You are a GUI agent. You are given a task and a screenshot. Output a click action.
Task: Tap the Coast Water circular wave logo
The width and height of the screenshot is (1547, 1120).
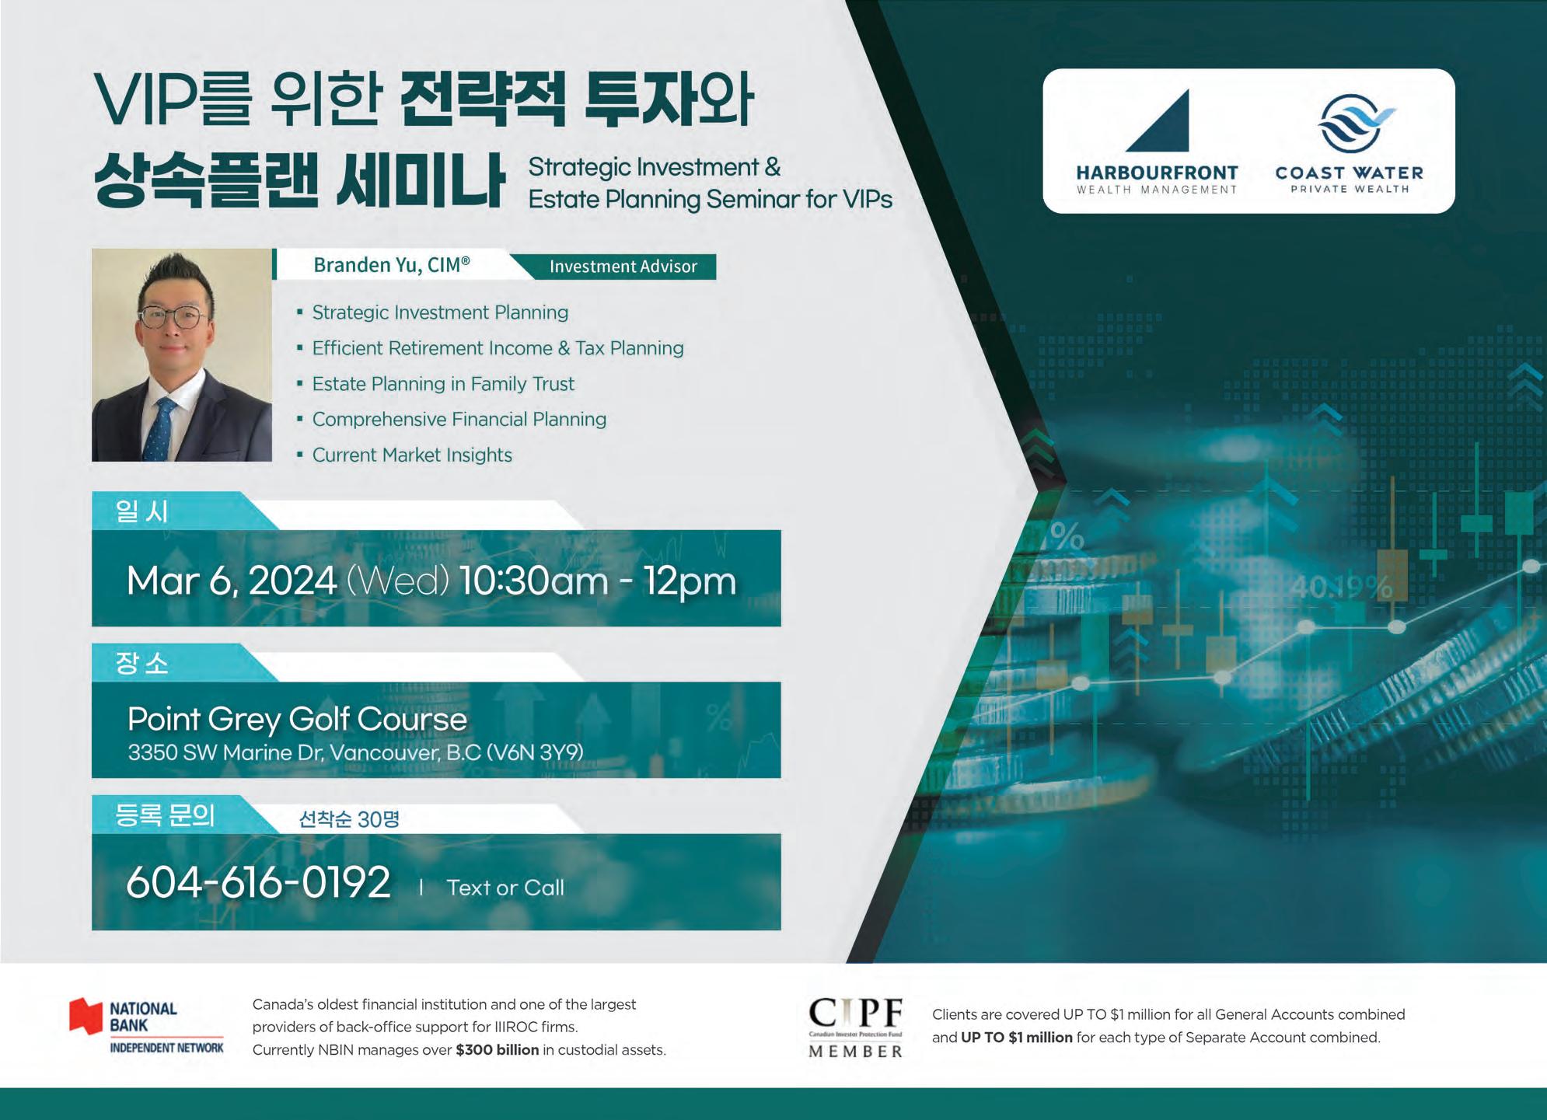[x=1354, y=123]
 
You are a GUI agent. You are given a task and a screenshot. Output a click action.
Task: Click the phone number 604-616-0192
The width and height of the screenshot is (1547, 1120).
[x=258, y=882]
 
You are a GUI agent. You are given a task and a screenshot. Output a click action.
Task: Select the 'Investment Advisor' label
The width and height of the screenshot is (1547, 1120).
[x=623, y=266]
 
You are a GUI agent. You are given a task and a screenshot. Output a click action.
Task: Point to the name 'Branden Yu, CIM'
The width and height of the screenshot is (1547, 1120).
[x=392, y=265]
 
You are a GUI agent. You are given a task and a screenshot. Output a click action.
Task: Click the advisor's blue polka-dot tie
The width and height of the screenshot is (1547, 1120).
[x=161, y=429]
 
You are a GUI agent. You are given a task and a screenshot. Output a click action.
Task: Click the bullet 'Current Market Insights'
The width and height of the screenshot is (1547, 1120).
[x=412, y=455]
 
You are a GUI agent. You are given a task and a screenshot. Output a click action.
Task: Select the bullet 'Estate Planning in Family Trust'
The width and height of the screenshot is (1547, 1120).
[x=443, y=384]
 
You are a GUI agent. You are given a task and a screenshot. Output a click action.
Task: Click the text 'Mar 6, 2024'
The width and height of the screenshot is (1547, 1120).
[x=232, y=581]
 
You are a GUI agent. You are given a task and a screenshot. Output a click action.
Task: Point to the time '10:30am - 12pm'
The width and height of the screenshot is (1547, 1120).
[x=598, y=581]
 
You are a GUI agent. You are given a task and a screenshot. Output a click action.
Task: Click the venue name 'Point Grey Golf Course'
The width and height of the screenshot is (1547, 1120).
[x=297, y=719]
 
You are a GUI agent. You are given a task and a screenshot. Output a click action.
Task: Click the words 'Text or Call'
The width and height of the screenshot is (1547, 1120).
[x=505, y=888]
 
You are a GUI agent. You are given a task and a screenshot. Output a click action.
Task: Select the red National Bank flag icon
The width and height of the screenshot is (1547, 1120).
[x=86, y=1017]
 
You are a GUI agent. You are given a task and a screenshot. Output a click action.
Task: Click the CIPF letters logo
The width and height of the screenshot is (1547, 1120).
[x=855, y=1013]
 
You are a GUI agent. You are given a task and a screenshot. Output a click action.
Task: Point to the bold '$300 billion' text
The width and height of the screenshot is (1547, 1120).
[x=498, y=1050]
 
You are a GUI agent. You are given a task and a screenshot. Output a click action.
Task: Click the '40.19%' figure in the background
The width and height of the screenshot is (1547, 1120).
[x=1341, y=588]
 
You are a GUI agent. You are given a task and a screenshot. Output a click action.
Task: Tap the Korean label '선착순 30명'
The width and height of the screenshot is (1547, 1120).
[x=349, y=819]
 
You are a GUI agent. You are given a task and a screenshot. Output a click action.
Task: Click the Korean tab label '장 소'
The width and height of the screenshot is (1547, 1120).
[x=141, y=663]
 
